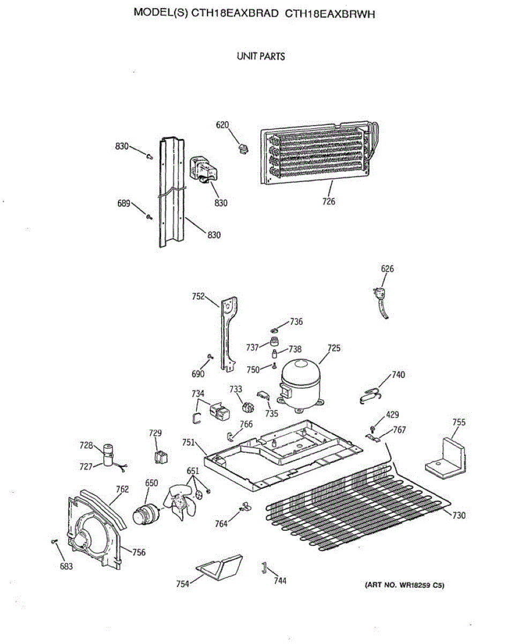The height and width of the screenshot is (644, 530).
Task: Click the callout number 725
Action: pos(334,348)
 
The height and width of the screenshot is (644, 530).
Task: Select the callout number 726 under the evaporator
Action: pos(329,202)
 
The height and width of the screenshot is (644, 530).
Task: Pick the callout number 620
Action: pos(222,125)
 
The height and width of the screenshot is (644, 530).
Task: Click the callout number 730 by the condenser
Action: pos(459,516)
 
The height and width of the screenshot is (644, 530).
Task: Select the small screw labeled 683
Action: pos(54,543)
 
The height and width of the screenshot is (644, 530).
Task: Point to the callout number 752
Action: pos(198,296)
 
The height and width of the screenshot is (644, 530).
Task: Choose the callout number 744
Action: pos(280,581)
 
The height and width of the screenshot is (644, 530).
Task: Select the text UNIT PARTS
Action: pos(261,56)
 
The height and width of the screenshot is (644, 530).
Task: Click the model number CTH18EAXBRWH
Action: pos(330,14)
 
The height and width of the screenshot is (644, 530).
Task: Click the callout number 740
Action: pos(398,375)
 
